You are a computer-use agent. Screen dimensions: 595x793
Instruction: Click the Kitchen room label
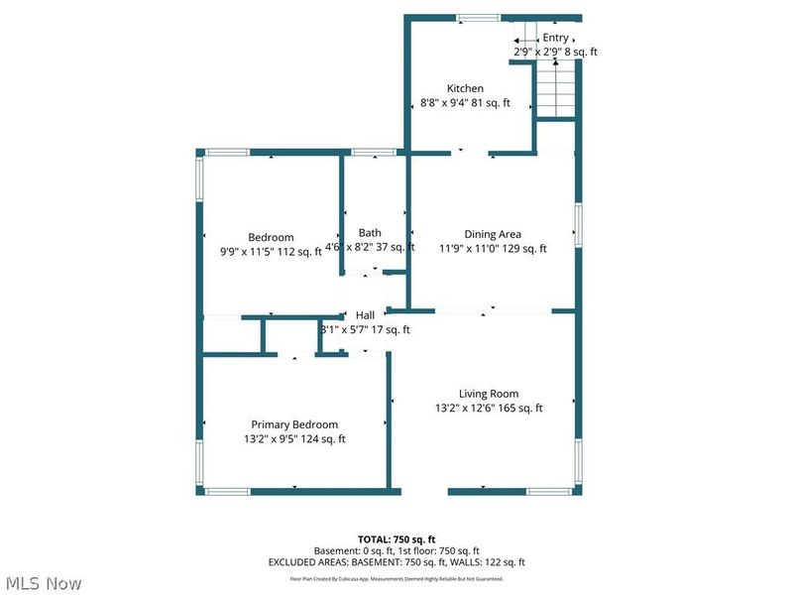click(465, 88)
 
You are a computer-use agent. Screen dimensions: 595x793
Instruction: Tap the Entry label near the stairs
click(555, 38)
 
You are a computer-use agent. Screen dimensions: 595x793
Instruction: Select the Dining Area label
click(493, 235)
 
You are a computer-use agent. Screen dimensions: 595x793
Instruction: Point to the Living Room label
click(488, 394)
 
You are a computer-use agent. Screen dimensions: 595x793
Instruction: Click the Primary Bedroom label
click(294, 424)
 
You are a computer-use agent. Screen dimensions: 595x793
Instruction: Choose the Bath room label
click(370, 233)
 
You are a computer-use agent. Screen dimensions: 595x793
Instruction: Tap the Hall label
click(365, 315)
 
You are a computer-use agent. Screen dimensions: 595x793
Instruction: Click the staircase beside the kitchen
click(556, 87)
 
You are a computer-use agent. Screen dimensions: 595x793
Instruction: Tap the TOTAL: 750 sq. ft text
click(396, 538)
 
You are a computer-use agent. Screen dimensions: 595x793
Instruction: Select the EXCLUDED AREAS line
click(396, 562)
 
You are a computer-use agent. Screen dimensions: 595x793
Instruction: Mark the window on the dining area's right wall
click(577, 220)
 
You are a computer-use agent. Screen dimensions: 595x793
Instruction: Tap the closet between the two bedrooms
click(234, 335)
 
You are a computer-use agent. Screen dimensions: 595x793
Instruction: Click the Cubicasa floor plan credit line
click(396, 578)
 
